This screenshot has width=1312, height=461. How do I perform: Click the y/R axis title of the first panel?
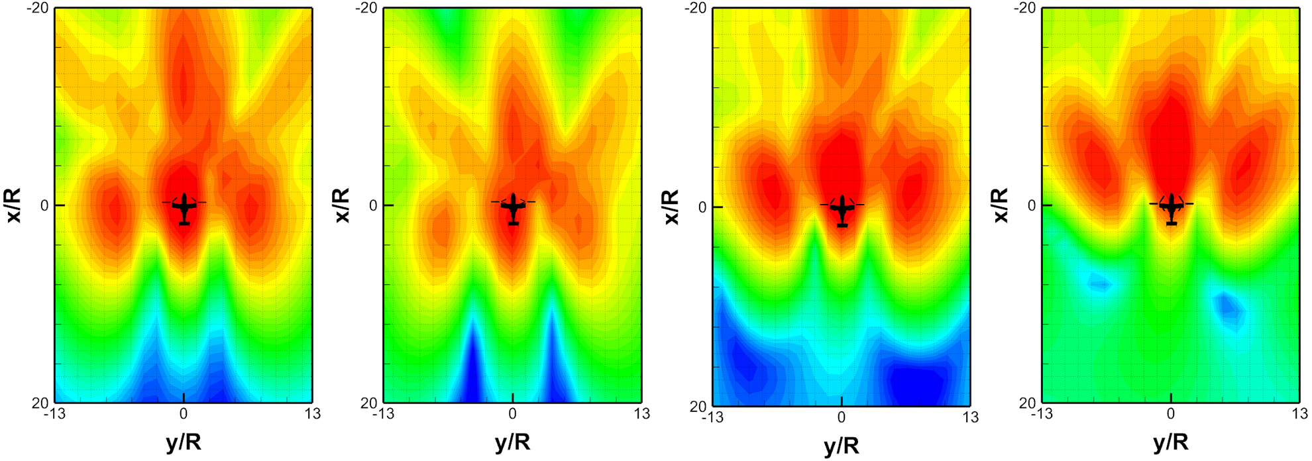pos(184,442)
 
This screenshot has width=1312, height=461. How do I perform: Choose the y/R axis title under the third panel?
pos(842,445)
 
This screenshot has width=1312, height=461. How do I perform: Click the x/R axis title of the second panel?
pos(342,205)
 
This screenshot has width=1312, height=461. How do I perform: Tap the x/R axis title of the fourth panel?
pos(1000,205)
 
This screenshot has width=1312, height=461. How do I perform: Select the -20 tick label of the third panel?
pos(696,9)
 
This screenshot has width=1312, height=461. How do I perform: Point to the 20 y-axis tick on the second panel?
pos(368,402)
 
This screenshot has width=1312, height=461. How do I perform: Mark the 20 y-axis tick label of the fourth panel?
pos(1027,402)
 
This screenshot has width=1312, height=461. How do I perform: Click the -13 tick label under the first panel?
pos(53,414)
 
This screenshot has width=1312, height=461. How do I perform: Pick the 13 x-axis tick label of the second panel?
pos(641,414)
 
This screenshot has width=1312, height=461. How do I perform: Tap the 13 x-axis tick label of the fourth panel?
pos(1299,414)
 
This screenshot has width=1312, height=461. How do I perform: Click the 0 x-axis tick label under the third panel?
pos(842,417)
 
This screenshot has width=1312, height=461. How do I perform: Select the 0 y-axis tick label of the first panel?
pos(44,205)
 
